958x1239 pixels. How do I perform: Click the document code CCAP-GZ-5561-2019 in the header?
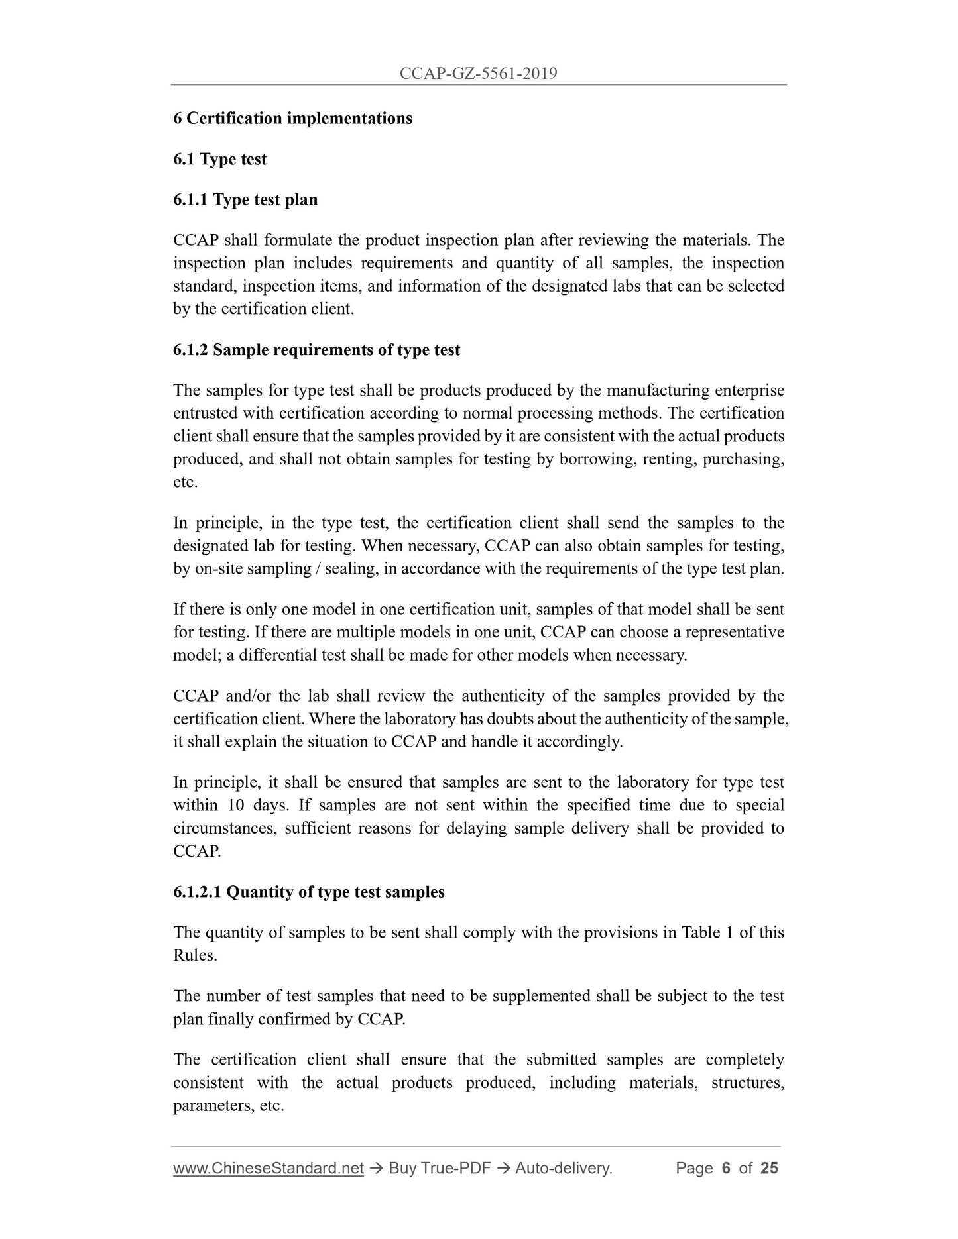pyautogui.click(x=478, y=74)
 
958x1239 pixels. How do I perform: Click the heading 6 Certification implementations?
pyautogui.click(x=292, y=119)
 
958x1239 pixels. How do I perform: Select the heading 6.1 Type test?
pyautogui.click(x=219, y=159)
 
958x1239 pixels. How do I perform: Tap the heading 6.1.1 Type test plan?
pyautogui.click(x=245, y=199)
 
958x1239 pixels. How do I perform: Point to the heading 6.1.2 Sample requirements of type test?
pyautogui.click(x=316, y=350)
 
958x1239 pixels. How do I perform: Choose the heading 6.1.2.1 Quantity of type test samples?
pyautogui.click(x=308, y=892)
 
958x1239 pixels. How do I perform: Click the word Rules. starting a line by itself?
pyautogui.click(x=195, y=955)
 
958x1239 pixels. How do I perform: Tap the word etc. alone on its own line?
pyautogui.click(x=185, y=482)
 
